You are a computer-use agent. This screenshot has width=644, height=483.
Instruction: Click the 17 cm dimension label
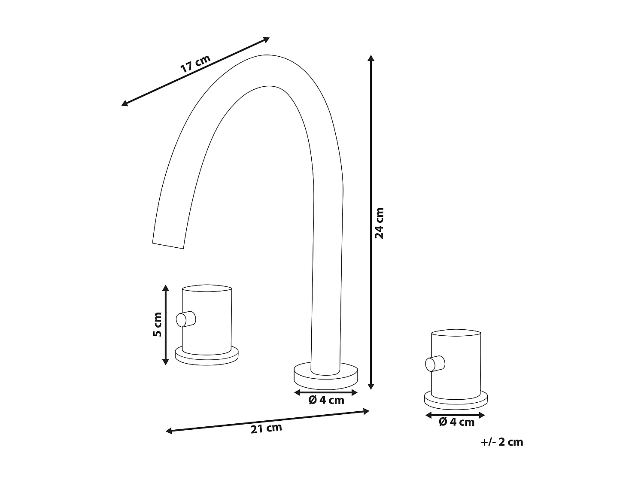(195, 64)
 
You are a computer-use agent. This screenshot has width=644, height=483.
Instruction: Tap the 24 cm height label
(380, 223)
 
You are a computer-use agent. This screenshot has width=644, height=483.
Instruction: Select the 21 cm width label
(266, 428)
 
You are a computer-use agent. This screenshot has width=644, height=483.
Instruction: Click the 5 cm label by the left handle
(158, 324)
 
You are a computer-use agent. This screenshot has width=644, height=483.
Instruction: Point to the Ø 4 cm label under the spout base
(326, 400)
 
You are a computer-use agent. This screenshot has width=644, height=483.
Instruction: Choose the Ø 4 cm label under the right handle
(456, 422)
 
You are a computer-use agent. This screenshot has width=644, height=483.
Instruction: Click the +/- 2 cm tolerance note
(502, 442)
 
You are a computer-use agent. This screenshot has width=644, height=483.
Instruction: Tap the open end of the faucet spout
(169, 245)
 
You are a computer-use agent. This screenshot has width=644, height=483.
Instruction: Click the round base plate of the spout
(326, 375)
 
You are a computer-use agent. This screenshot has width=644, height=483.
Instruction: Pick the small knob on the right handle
(434, 364)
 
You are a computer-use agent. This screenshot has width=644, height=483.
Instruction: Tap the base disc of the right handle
(456, 401)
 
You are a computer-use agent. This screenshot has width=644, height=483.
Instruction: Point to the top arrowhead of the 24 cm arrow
(371, 58)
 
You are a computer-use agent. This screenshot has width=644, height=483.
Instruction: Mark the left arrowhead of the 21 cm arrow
(169, 431)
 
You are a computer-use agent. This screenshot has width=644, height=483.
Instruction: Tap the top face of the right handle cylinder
(456, 333)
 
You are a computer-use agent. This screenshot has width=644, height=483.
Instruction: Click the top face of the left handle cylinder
(207, 288)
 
